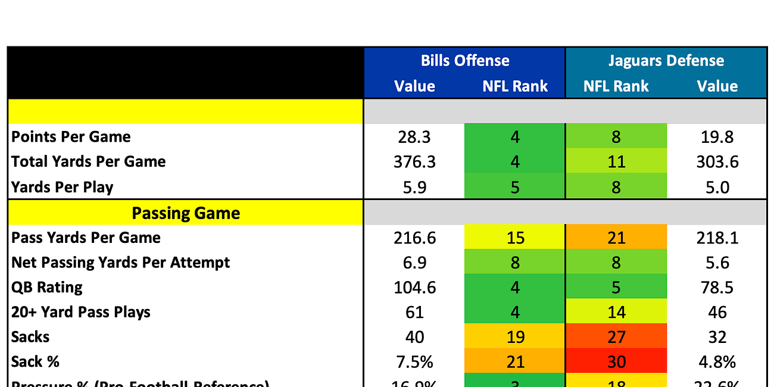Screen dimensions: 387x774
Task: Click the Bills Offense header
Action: pyautogui.click(x=464, y=61)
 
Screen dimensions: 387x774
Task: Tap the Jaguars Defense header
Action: pyautogui.click(x=666, y=61)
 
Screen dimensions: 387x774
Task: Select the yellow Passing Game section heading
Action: pyautogui.click(x=186, y=213)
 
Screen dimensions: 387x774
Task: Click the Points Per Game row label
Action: pyautogui.click(x=71, y=136)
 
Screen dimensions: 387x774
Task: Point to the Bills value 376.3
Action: pyautogui.click(x=414, y=162)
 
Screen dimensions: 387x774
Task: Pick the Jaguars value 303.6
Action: pyautogui.click(x=717, y=162)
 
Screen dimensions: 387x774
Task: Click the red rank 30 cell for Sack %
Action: pyautogui.click(x=616, y=361)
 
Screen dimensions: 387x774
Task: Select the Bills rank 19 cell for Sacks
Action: pyautogui.click(x=515, y=337)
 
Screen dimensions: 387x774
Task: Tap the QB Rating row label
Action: pyautogui.click(x=47, y=287)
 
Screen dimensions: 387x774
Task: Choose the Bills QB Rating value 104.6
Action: pyautogui.click(x=414, y=288)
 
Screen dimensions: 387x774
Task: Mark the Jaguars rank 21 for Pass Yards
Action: pyautogui.click(x=616, y=238)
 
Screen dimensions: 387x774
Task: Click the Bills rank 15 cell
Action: pyautogui.click(x=515, y=238)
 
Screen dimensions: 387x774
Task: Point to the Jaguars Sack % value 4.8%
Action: pyautogui.click(x=717, y=361)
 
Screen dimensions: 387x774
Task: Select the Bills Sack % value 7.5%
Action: pyautogui.click(x=414, y=361)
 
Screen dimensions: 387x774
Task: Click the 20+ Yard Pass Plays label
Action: pyautogui.click(x=81, y=312)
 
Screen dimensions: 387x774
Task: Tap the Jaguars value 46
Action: pyautogui.click(x=717, y=313)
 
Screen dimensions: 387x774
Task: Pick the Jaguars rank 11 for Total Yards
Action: pyautogui.click(x=616, y=162)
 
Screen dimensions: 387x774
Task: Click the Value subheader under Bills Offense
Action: pyautogui.click(x=414, y=86)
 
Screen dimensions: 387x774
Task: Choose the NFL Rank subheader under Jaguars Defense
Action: pyautogui.click(x=616, y=86)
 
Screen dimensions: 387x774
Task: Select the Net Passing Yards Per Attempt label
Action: pyautogui.click(x=120, y=263)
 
